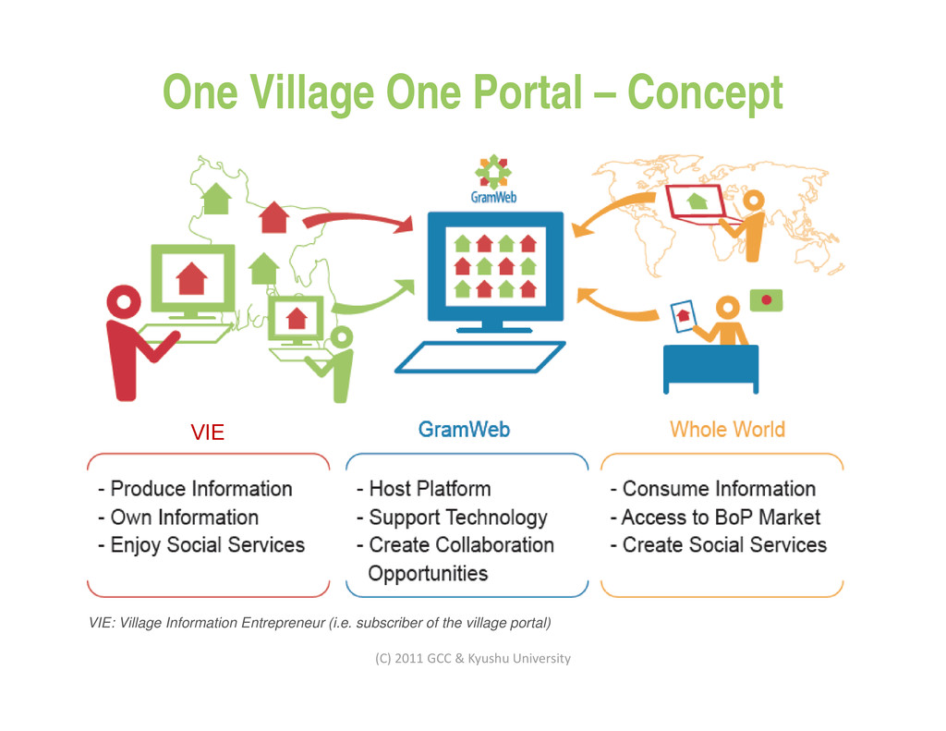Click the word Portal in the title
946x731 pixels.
[x=528, y=92]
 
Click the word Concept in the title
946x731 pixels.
[x=705, y=92]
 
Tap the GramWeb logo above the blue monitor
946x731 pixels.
[x=493, y=179]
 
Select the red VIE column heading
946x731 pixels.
[x=207, y=432]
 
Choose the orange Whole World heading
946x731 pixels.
[x=727, y=430]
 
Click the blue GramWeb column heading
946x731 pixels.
[x=464, y=430]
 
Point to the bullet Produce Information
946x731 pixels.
[x=195, y=489]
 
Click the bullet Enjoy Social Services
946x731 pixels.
[x=201, y=545]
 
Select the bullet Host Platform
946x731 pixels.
[x=424, y=489]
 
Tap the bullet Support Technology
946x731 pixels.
[x=452, y=518]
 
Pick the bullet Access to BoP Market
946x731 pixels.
[x=715, y=518]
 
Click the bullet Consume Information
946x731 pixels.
[x=713, y=489]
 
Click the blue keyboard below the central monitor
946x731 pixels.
[x=479, y=357]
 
